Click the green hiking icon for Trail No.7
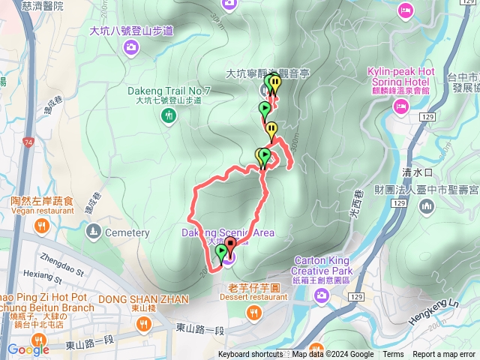point(169,115)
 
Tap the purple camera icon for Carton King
point(322,296)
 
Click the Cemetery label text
point(127,233)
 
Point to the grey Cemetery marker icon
point(92,233)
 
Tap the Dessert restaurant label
point(254,297)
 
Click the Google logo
point(28,349)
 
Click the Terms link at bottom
point(393,355)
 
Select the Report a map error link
point(445,355)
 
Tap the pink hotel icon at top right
point(405,10)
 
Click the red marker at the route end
point(230,244)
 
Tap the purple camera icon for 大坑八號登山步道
point(132,49)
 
